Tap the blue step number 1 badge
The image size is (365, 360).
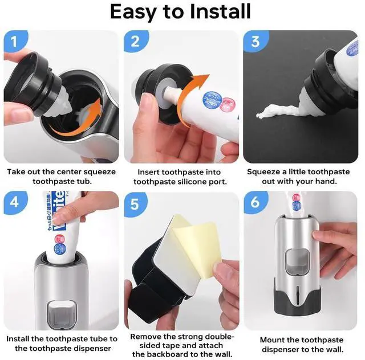pyautogui.click(x=15, y=42)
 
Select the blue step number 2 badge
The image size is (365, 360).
pyautogui.click(x=136, y=42)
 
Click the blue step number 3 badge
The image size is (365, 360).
pyautogui.click(x=255, y=42)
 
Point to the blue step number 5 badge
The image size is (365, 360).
pyautogui.click(x=135, y=204)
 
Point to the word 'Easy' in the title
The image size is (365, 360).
pyautogui.click(x=133, y=12)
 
